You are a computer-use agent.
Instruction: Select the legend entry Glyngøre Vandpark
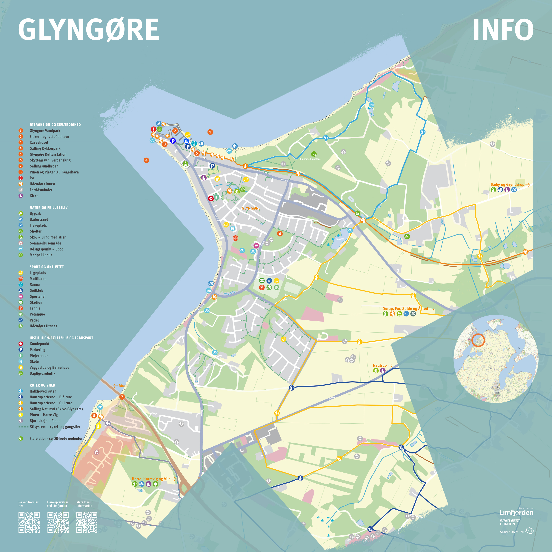[45, 131]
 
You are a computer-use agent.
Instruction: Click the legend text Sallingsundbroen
[44, 166]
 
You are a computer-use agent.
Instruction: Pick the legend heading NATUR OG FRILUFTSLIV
[49, 208]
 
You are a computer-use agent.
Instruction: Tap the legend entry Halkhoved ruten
[43, 391]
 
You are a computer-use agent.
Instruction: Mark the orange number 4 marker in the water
[146, 160]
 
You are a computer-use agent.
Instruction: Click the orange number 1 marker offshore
[210, 132]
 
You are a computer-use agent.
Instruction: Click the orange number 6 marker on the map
[280, 234]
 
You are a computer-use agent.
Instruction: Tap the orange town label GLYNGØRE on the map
[251, 208]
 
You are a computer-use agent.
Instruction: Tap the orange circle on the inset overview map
[478, 340]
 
